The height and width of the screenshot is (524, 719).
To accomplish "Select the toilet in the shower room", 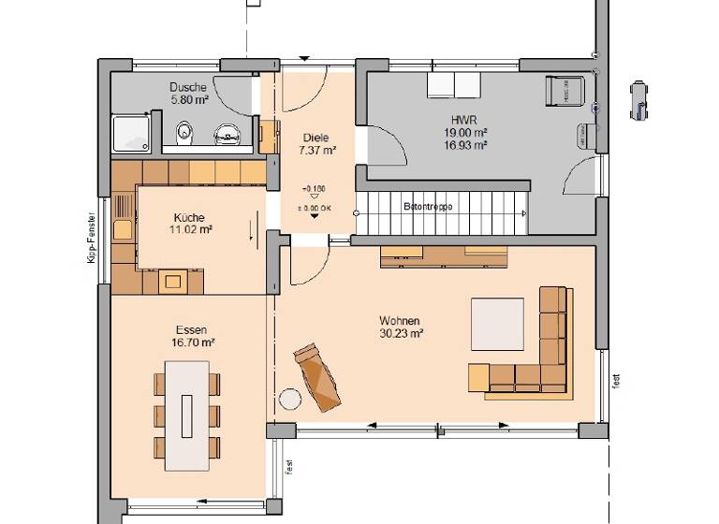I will pos(184,132).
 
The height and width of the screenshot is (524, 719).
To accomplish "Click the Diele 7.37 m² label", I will pos(315,143).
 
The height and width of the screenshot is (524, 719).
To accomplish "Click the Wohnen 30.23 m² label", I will pos(400,327).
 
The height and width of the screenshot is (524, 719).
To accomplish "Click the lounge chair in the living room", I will pos(318,376).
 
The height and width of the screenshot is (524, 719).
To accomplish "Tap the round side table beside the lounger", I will pos(290,399).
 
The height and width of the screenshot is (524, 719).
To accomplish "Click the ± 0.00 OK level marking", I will pos(314,207).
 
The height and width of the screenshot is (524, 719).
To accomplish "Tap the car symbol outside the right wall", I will pos(639,100).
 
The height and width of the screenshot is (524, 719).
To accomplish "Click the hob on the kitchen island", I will pos(172,279).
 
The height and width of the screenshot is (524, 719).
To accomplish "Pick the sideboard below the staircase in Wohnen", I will pos(443,255).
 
